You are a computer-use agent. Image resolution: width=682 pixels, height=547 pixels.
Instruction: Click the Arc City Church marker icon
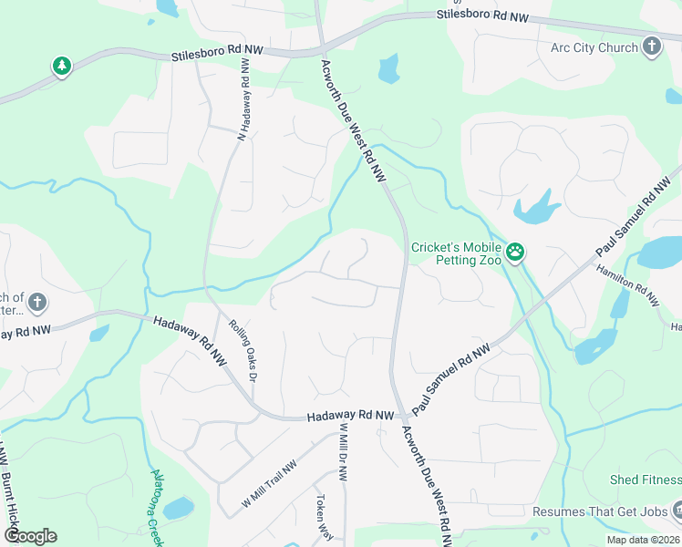[x=651, y=46]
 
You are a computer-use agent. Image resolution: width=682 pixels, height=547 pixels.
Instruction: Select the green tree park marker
[x=61, y=66]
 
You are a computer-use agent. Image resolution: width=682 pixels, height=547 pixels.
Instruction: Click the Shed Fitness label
[x=646, y=480]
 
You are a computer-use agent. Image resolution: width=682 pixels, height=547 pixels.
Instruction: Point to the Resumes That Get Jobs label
[x=600, y=512]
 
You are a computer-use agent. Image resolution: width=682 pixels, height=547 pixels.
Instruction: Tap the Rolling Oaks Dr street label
[x=243, y=349]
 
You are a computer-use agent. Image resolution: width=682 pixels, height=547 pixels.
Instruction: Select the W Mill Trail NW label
[x=269, y=484]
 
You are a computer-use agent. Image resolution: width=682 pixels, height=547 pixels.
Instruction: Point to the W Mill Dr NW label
[x=344, y=453]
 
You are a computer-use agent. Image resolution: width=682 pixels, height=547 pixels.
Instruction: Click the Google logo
[x=30, y=536]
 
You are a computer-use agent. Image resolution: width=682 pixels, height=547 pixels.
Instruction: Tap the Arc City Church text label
[x=594, y=47]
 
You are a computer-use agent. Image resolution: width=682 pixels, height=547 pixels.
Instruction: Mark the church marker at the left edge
[x=36, y=301]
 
